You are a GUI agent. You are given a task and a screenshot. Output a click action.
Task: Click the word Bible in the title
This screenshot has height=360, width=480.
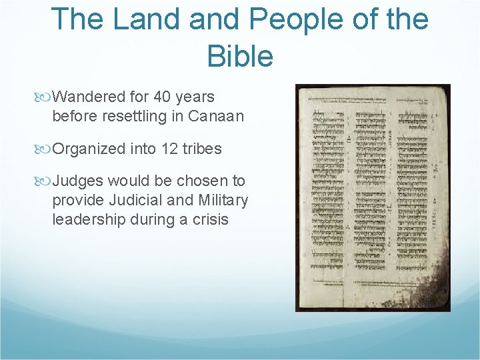click(240, 56)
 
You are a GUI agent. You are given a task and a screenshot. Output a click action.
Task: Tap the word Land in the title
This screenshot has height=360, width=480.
click(146, 19)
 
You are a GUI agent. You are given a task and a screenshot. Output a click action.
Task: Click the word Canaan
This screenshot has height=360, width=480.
click(216, 116)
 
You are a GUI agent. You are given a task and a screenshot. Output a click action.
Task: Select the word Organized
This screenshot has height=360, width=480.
click(88, 148)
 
